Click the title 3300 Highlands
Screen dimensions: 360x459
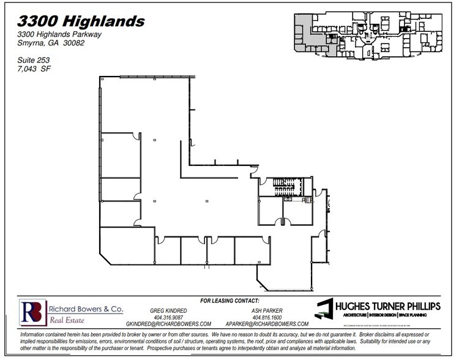click(81, 22)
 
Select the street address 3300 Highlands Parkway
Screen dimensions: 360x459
click(59, 35)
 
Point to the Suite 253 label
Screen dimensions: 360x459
click(34, 60)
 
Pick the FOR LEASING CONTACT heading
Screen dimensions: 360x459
click(229, 301)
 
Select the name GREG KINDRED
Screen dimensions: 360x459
click(168, 311)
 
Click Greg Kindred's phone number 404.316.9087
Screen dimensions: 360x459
click(168, 317)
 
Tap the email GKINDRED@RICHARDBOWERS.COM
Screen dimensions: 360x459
click(168, 324)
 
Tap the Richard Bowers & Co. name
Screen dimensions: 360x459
click(81, 309)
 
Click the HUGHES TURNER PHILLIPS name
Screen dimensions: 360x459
click(387, 307)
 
